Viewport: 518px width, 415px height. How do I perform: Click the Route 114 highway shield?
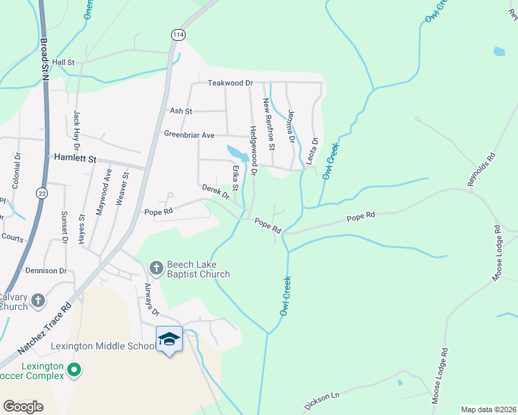pyautogui.click(x=179, y=35)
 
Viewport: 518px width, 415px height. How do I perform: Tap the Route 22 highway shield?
pyautogui.click(x=42, y=193)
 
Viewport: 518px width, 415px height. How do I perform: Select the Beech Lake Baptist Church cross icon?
pyautogui.click(x=157, y=268)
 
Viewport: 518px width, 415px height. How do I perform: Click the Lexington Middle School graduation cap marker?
pyautogui.click(x=169, y=339)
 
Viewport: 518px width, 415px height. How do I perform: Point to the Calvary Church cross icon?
pyautogui.click(x=38, y=301)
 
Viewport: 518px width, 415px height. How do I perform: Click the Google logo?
pyautogui.click(x=24, y=407)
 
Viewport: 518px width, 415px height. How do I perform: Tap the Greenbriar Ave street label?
pyautogui.click(x=189, y=134)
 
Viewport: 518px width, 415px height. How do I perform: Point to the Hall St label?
pyautogui.click(x=62, y=62)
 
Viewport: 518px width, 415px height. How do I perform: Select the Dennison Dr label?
pyautogui.click(x=46, y=271)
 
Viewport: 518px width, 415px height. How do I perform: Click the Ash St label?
pyautogui.click(x=181, y=111)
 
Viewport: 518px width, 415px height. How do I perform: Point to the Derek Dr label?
pyautogui.click(x=215, y=191)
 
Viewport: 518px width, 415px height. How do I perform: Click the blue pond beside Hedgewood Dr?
pyautogui.click(x=237, y=152)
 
